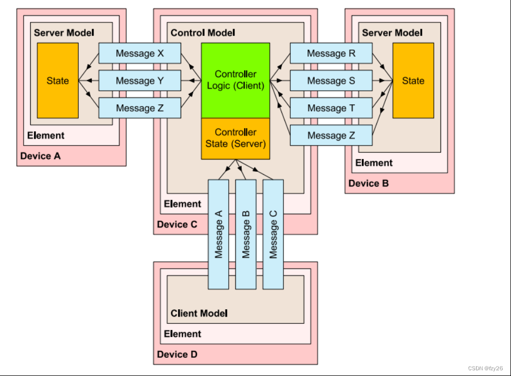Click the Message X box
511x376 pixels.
coord(140,53)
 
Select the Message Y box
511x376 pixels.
coord(140,81)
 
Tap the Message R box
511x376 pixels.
coord(331,53)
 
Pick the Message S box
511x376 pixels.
coord(331,81)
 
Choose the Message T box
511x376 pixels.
coord(331,108)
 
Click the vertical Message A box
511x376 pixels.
coord(218,234)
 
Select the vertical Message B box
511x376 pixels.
coord(246,234)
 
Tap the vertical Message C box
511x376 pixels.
coord(273,234)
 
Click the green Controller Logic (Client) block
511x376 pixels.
coord(235,80)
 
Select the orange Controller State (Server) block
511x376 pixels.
coord(235,138)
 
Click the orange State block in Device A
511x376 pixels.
coord(57,80)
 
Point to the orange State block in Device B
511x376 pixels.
coord(413,80)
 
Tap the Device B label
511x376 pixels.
coord(369,183)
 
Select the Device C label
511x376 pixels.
coord(177,224)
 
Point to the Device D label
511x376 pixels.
coord(177,355)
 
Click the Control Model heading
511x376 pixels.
coord(203,33)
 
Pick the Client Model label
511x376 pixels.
coord(199,313)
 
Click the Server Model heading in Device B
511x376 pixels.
coord(393,33)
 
